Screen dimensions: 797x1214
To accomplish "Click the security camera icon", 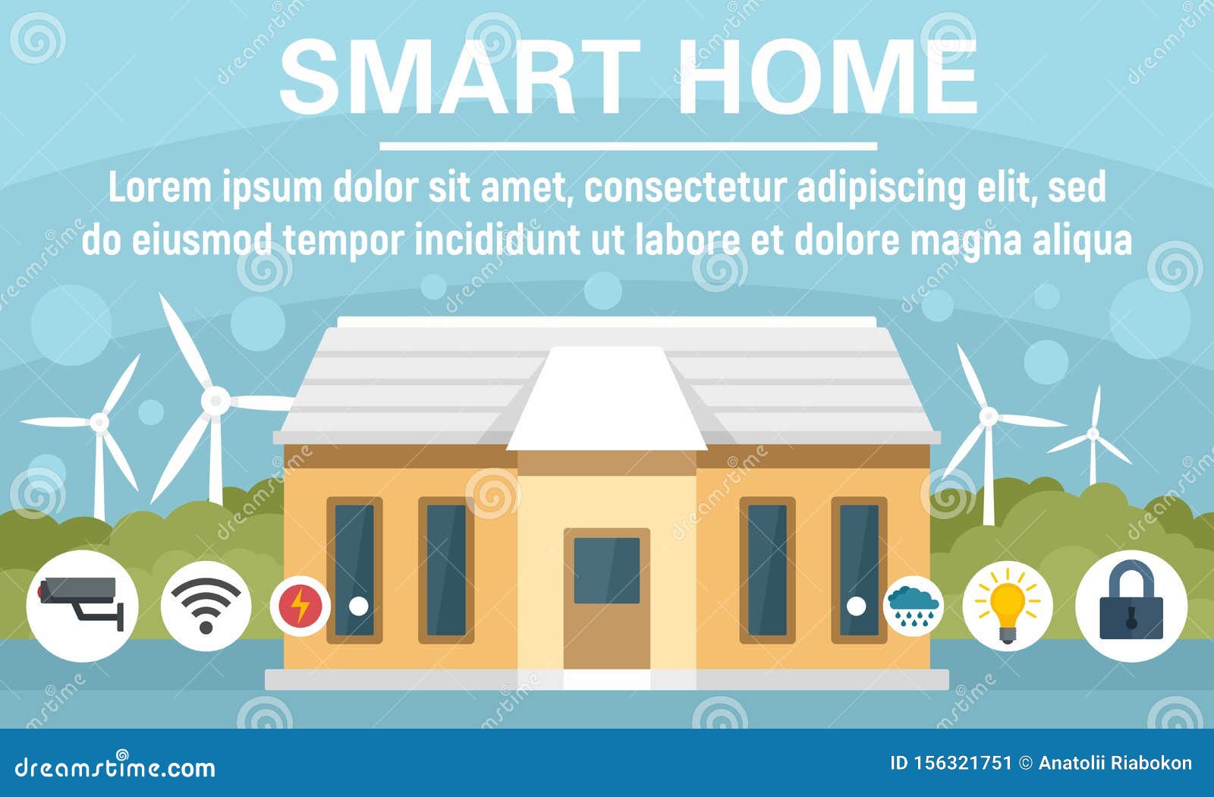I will point(82,605).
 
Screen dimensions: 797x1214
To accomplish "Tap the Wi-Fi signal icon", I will point(206,605).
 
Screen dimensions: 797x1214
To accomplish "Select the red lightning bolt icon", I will point(300,606).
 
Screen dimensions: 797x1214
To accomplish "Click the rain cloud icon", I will point(914,605).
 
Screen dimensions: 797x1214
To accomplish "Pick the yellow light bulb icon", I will point(1008,605).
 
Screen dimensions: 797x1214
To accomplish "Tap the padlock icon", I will point(1131,605).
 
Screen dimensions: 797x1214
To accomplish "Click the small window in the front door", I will point(606,570).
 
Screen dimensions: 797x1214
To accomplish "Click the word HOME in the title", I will point(826,77).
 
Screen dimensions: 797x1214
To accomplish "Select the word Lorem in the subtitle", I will point(160,188).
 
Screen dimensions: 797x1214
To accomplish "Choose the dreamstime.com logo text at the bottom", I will point(115,767).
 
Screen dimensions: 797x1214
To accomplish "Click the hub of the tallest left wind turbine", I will point(215,398).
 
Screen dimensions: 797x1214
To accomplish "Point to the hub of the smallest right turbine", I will point(1093,433).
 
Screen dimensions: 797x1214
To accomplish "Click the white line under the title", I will point(627,146).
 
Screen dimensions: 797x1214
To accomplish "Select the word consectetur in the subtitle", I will point(684,188).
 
